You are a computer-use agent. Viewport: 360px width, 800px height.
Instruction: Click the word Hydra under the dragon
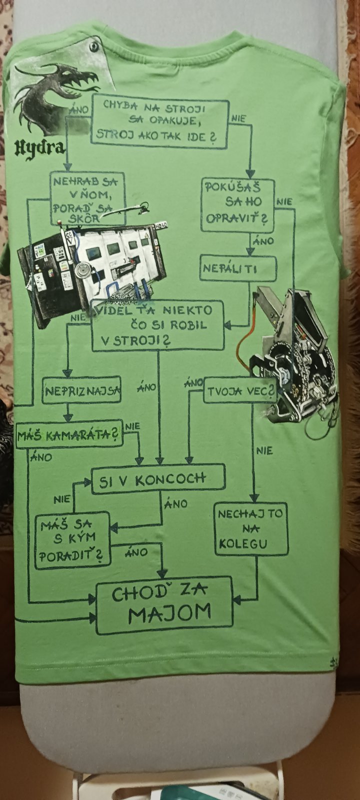(39, 147)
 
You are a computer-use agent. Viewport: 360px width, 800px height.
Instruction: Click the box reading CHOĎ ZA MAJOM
(164, 605)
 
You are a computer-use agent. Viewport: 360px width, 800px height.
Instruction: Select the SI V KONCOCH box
(158, 479)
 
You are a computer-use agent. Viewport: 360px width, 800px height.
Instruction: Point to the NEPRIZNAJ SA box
(82, 390)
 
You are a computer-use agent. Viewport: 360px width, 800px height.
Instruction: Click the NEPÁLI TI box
(238, 268)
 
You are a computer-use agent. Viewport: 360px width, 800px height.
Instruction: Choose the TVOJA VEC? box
(240, 391)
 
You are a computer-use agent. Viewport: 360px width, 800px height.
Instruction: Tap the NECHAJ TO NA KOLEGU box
(251, 528)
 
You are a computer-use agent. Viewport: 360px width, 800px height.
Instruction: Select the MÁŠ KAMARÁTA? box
(69, 434)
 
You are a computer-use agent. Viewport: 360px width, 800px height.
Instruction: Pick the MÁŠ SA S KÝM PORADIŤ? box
(72, 539)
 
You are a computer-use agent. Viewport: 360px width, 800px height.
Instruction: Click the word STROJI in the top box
(185, 107)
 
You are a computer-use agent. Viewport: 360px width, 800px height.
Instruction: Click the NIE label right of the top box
(238, 118)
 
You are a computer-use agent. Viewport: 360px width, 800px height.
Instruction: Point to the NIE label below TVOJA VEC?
(264, 450)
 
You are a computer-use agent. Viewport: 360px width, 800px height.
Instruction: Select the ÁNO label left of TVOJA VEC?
(193, 383)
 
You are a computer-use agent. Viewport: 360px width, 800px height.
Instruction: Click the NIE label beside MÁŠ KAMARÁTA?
(132, 426)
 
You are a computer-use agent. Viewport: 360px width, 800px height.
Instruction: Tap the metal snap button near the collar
(94, 46)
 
